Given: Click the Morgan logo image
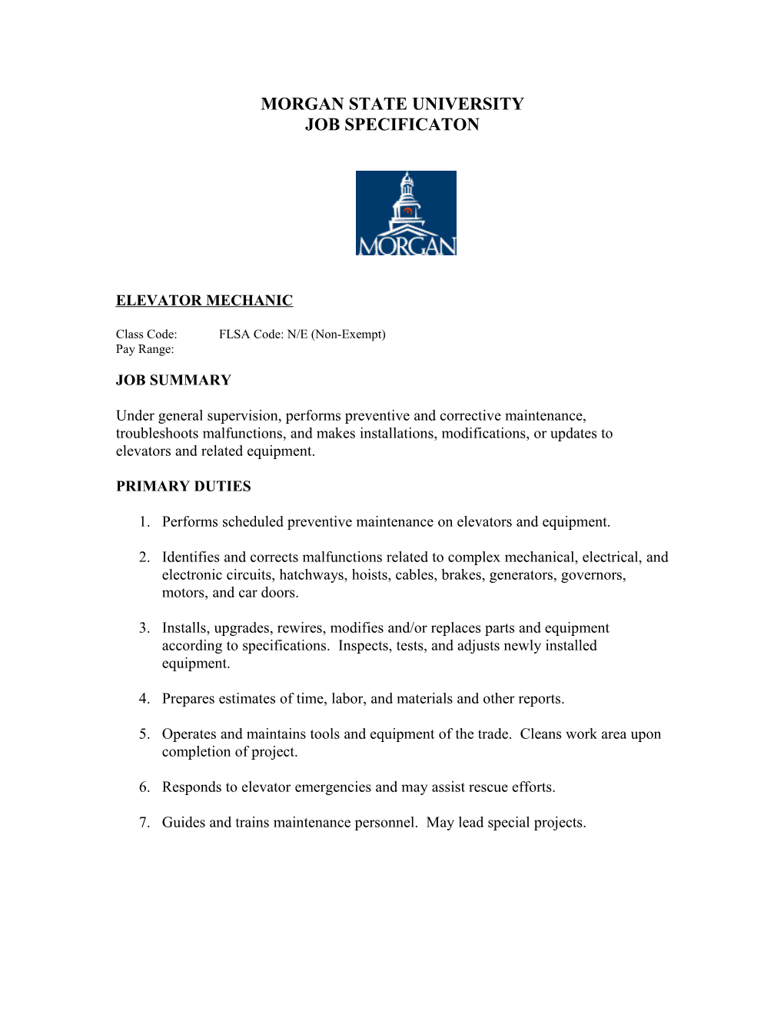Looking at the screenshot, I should click(x=406, y=213).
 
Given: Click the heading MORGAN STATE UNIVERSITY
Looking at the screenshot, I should click(x=392, y=104).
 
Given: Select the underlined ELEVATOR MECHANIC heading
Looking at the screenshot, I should click(x=204, y=301).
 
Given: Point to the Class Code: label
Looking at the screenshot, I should click(x=147, y=334).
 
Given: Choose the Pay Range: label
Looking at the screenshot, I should click(x=145, y=349).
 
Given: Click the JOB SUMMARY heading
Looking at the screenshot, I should click(x=174, y=380).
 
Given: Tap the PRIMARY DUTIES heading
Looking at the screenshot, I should click(x=184, y=486).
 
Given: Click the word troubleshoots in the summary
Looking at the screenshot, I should click(x=158, y=434).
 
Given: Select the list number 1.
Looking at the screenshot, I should click(x=144, y=522).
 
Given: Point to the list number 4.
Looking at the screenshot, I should click(x=144, y=699).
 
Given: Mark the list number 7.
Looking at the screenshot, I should click(x=144, y=823).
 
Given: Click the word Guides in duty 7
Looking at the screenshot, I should click(x=184, y=823).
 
